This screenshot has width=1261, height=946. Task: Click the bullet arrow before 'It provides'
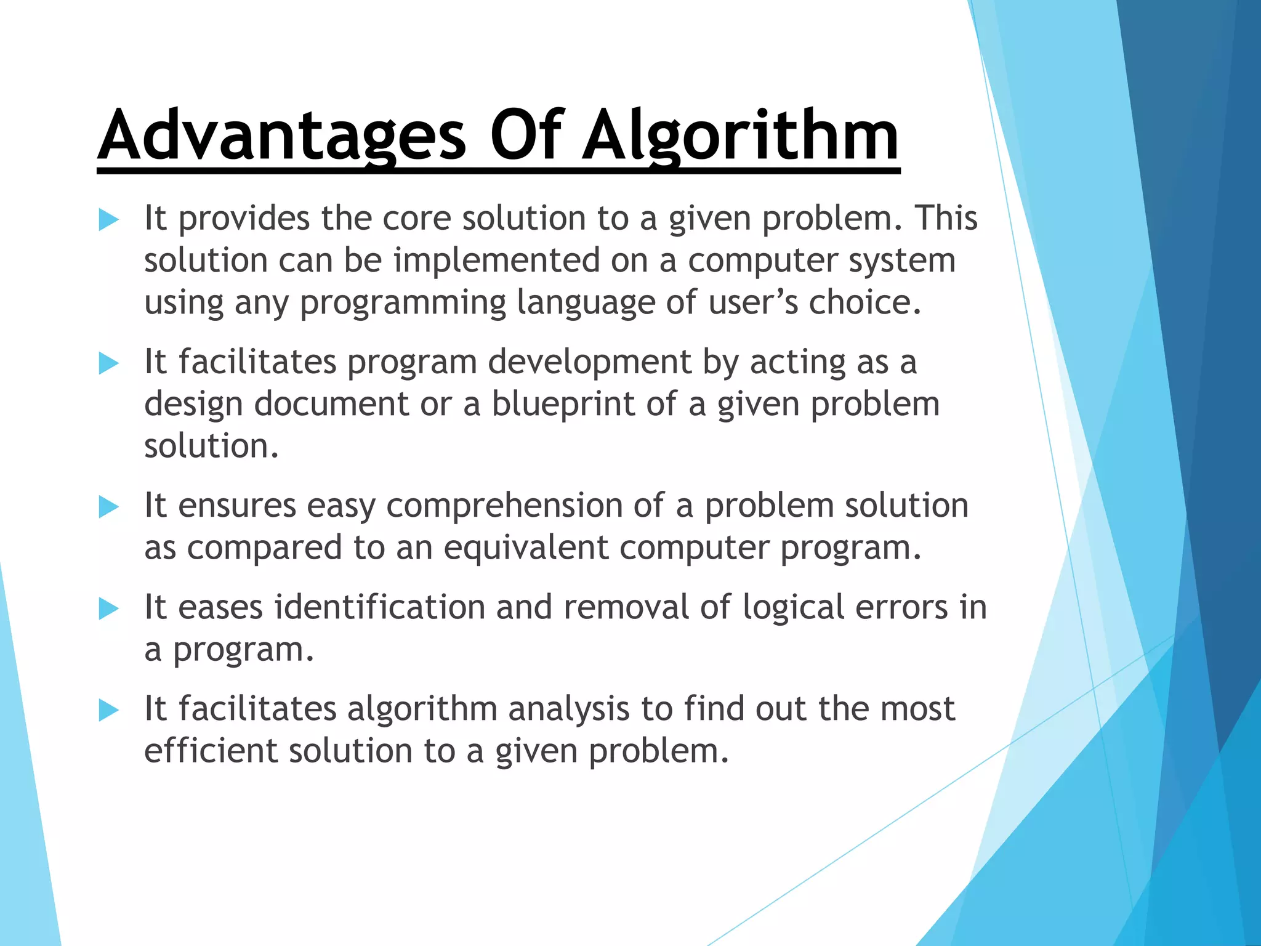[108, 220]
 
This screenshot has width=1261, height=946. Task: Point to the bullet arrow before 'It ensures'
[108, 507]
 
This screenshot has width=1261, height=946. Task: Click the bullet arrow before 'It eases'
[108, 609]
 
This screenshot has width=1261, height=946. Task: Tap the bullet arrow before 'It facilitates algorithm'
[108, 711]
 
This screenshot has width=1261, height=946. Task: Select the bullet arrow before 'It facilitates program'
[108, 363]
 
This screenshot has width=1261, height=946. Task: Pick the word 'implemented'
[496, 261]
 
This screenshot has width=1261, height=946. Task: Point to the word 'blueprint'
[563, 405]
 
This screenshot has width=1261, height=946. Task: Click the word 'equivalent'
[526, 548]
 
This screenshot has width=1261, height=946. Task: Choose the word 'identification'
[379, 607]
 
